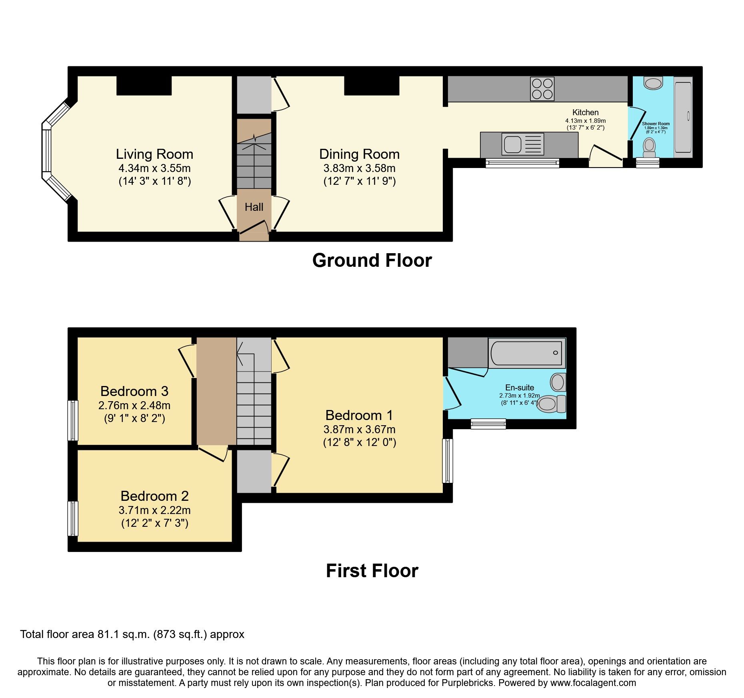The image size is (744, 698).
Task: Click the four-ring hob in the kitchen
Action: (x=542, y=89)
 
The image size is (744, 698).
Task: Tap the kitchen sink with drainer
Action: (x=522, y=144)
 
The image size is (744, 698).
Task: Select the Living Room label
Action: (x=154, y=154)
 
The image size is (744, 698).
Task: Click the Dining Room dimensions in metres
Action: (x=359, y=168)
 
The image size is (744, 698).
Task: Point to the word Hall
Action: (x=254, y=207)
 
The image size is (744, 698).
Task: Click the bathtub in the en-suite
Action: (x=526, y=353)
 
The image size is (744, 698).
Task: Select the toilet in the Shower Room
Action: (x=649, y=147)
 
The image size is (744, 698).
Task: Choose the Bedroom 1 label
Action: (x=359, y=415)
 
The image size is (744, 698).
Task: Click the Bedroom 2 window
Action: (x=73, y=518)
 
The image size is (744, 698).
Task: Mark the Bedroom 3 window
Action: (x=73, y=420)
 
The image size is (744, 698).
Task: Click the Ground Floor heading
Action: (x=372, y=260)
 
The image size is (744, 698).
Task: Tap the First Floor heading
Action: (x=372, y=571)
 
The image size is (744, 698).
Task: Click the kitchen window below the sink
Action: (x=522, y=162)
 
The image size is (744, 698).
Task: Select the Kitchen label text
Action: (x=585, y=112)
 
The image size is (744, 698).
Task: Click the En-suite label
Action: (x=519, y=387)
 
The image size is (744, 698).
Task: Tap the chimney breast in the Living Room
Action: (x=144, y=85)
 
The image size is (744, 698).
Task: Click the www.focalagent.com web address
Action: (x=593, y=683)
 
